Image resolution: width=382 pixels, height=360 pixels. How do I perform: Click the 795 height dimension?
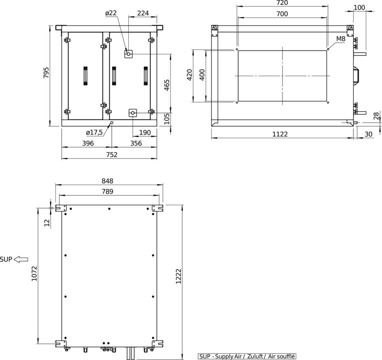[46, 73]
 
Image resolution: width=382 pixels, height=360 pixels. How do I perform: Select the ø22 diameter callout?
[111, 13]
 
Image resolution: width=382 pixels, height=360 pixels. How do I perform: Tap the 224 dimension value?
[143, 13]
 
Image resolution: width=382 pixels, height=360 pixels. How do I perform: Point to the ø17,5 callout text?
[94, 133]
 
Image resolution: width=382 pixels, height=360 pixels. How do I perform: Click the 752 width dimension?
[112, 155]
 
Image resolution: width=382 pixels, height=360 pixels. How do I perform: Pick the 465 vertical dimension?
[167, 85]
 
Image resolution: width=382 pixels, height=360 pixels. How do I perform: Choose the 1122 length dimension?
[280, 134]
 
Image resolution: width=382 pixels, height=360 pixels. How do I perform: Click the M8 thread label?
[341, 39]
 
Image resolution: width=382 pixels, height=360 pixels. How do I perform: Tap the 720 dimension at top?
[282, 3]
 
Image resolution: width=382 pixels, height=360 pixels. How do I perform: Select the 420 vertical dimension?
[190, 75]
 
